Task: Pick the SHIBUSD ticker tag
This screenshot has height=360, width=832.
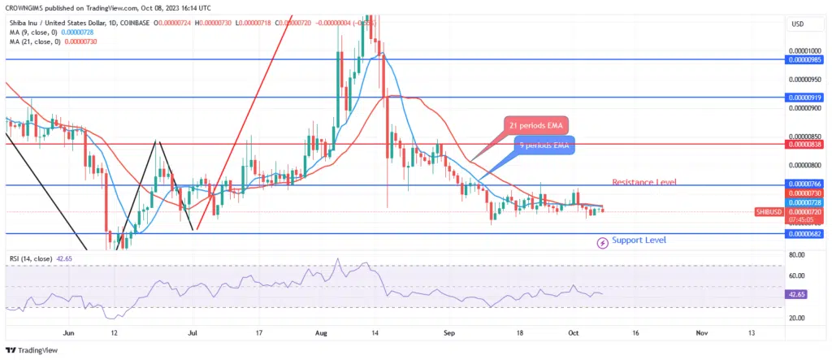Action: point(767,211)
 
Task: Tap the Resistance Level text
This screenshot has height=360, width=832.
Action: point(643,182)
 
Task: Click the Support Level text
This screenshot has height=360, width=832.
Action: point(639,241)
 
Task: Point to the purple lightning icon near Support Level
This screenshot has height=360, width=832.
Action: point(603,242)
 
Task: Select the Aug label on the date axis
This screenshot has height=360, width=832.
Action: point(321,333)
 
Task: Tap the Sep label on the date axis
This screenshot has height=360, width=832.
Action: point(448,333)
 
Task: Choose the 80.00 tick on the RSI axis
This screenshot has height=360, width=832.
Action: point(797,254)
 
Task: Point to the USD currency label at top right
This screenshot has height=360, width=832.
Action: point(797,24)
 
